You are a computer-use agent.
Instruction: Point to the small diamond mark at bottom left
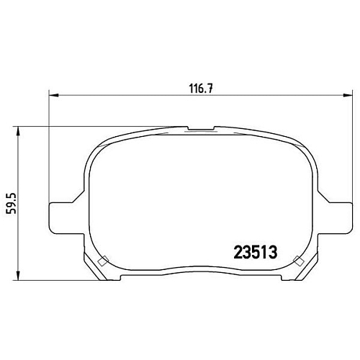click(102, 261)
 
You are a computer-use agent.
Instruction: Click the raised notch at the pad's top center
click(200, 130)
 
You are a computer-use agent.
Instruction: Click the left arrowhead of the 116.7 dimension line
click(53, 96)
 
